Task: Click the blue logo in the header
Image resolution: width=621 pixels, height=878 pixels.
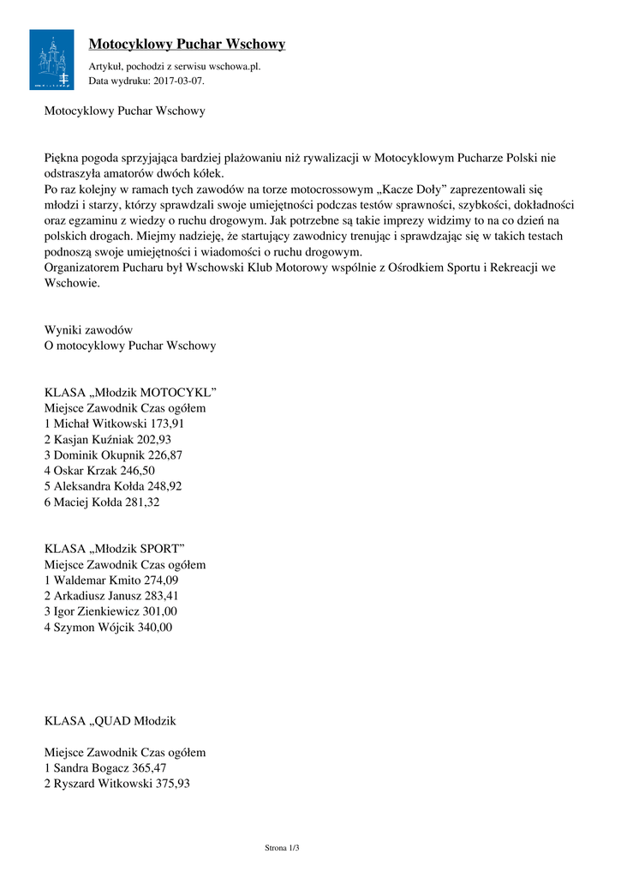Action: (51, 59)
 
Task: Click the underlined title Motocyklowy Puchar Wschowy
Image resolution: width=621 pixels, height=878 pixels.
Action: (187, 44)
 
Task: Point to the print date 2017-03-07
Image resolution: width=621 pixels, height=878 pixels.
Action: (178, 81)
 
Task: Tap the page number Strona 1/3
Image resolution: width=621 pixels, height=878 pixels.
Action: (282, 848)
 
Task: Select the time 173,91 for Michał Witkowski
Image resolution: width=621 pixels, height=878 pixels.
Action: (166, 424)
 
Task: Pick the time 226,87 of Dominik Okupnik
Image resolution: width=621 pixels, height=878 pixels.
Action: (165, 455)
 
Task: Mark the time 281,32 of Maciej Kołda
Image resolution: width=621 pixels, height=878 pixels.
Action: (142, 502)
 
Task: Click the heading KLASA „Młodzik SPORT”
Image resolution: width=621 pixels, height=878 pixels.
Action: (115, 549)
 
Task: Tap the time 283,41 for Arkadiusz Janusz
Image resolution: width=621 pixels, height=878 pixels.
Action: (162, 596)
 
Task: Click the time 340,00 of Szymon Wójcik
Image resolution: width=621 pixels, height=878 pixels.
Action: (155, 628)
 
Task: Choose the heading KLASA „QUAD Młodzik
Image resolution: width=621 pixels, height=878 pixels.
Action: (110, 720)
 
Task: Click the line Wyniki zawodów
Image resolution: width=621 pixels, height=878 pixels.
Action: (88, 330)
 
